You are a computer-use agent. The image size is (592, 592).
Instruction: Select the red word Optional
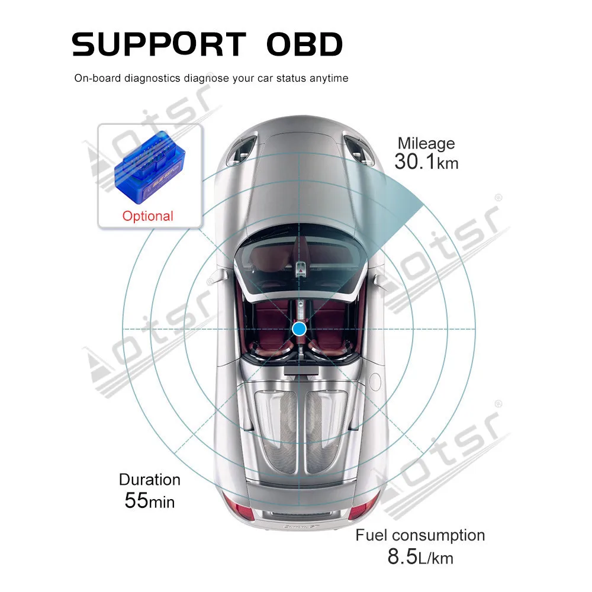pos(147,216)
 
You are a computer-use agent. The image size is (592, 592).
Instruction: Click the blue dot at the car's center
pos(300,329)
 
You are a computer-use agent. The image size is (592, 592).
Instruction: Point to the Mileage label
pos(426,143)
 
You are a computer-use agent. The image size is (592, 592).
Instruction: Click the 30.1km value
pos(426,162)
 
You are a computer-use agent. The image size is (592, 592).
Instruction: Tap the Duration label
pos(150,480)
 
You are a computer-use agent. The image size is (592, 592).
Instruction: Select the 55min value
pos(150,501)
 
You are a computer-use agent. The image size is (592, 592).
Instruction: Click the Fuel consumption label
pos(420,536)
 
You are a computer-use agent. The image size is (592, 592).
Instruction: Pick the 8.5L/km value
pos(420,557)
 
